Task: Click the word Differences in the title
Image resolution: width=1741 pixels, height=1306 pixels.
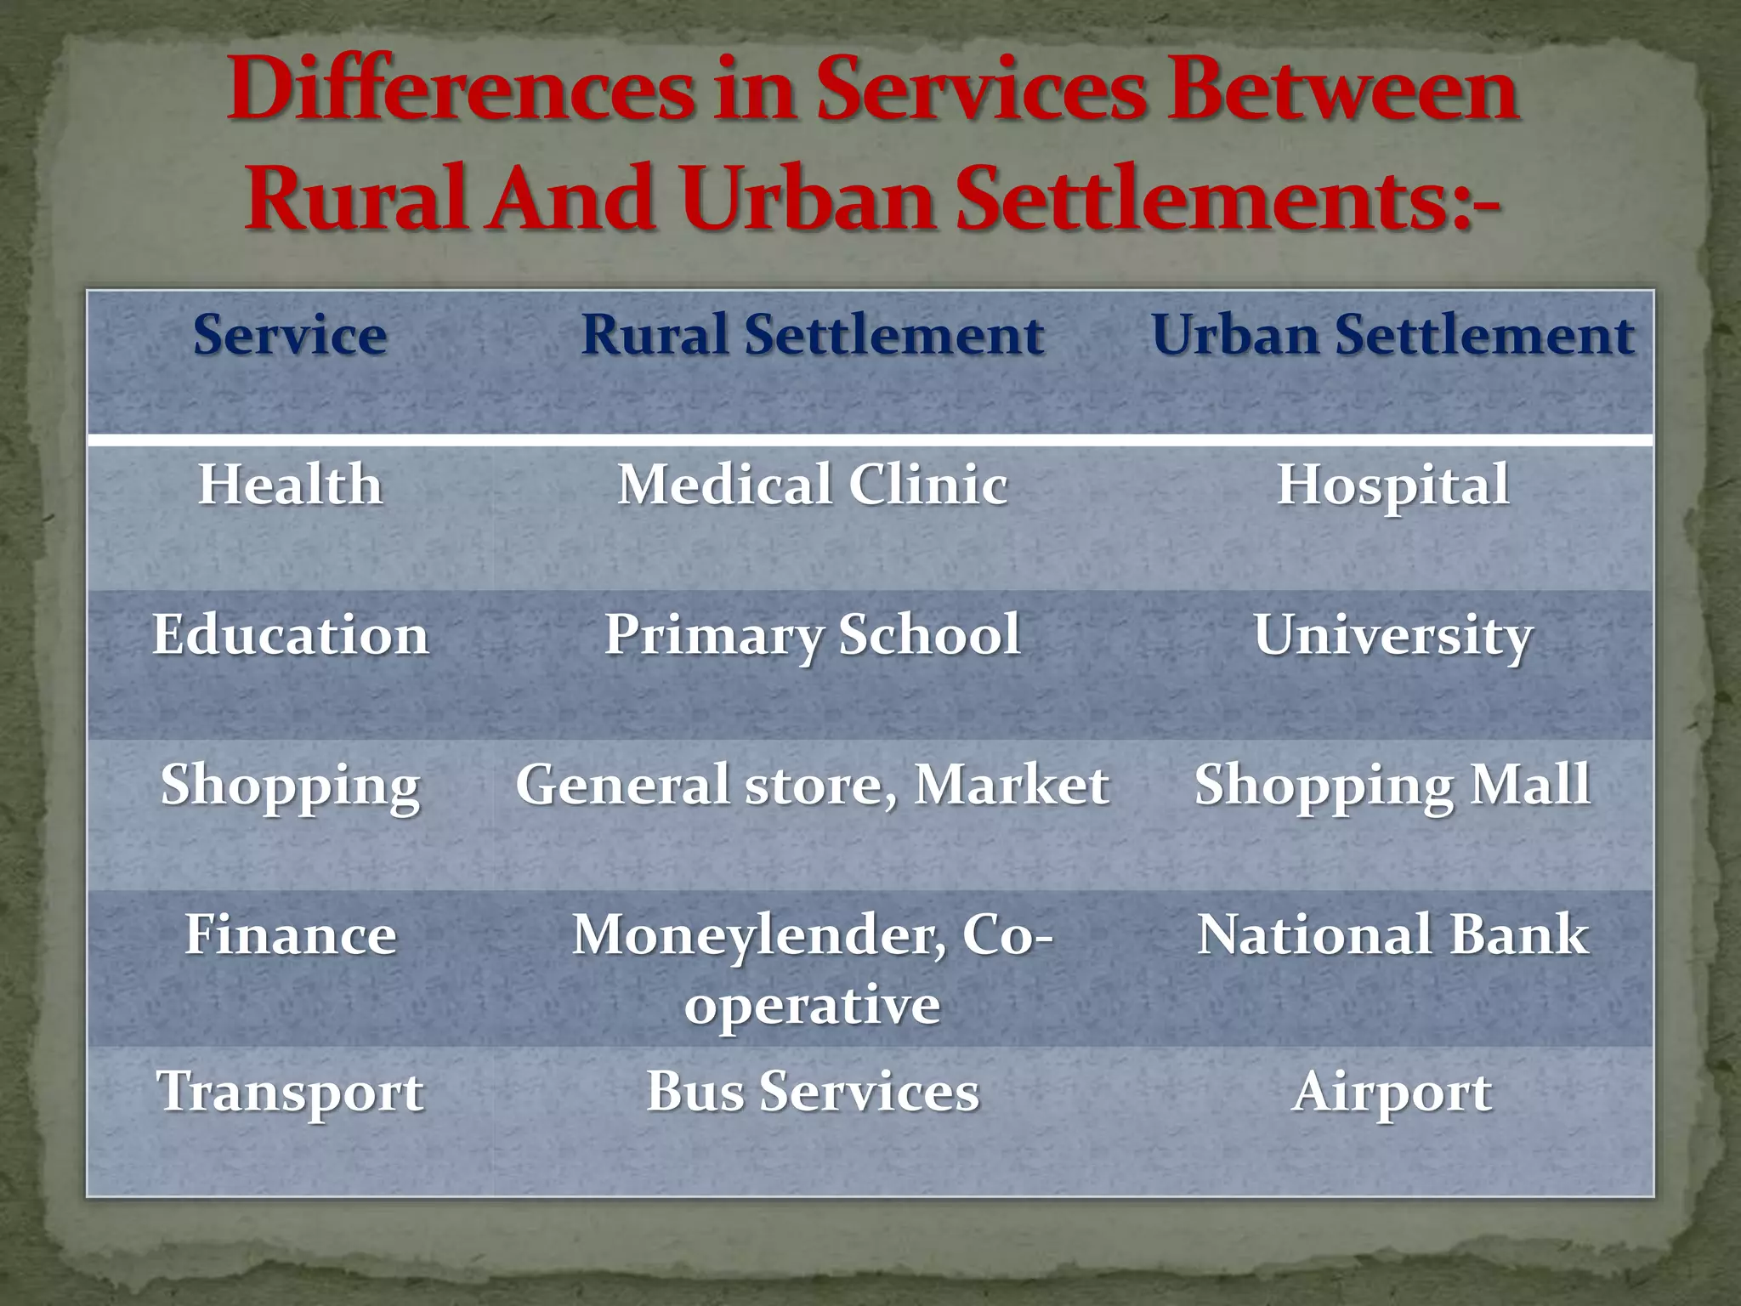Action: pyautogui.click(x=460, y=90)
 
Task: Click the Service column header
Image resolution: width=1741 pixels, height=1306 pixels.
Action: pyautogui.click(x=290, y=334)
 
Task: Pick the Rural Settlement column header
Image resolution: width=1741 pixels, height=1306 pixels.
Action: pyautogui.click(x=813, y=334)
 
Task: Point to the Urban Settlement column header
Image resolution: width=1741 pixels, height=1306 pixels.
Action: pyautogui.click(x=1392, y=334)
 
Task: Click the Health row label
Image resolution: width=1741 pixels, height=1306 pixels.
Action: pyautogui.click(x=290, y=485)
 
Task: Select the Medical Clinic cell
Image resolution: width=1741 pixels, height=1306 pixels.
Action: pyautogui.click(x=813, y=485)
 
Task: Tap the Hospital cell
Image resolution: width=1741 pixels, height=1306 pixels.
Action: pyautogui.click(x=1392, y=485)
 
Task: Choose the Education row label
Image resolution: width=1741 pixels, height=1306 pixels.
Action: pyautogui.click(x=290, y=635)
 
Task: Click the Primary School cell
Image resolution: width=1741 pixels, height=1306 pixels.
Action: pyautogui.click(x=813, y=635)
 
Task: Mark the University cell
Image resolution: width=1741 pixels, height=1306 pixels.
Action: pyautogui.click(x=1392, y=635)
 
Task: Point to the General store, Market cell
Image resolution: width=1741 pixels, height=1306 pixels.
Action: pyautogui.click(x=813, y=785)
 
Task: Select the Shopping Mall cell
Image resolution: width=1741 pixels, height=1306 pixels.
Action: pyautogui.click(x=1392, y=785)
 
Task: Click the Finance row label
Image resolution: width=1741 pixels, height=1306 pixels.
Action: pyautogui.click(x=290, y=934)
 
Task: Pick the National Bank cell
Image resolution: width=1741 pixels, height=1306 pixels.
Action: pyautogui.click(x=1392, y=934)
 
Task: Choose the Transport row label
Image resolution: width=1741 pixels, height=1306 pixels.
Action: pyautogui.click(x=290, y=1092)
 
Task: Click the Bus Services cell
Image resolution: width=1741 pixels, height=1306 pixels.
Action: pyautogui.click(x=813, y=1092)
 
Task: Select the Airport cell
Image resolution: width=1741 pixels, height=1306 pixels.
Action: pyautogui.click(x=1392, y=1092)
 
